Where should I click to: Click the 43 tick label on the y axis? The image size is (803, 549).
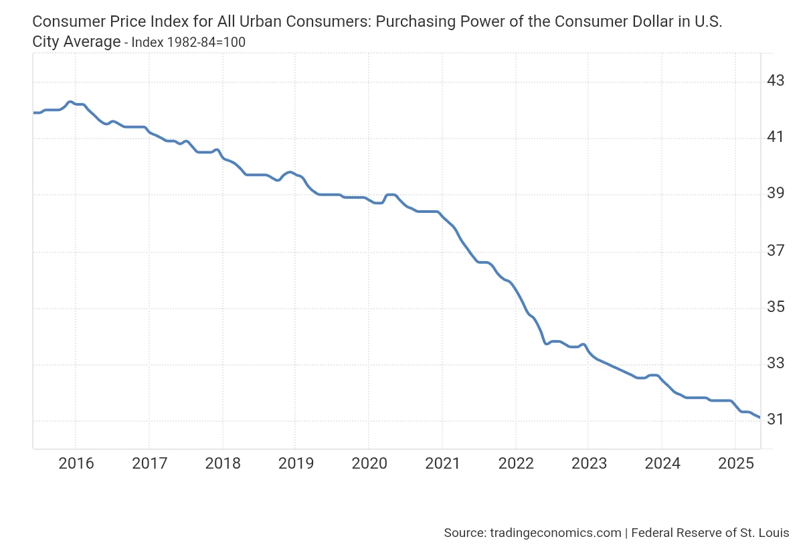tap(775, 81)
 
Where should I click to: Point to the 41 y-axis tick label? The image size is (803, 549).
tap(775, 137)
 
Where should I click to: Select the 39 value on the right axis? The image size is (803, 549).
tap(775, 194)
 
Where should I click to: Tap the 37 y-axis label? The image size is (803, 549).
tap(775, 251)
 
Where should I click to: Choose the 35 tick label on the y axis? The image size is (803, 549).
tap(775, 307)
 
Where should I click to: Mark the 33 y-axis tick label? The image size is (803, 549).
tap(775, 364)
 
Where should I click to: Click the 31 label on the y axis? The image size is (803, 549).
tap(775, 420)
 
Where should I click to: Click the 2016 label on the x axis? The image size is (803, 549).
tap(76, 463)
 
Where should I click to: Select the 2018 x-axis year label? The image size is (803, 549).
tap(222, 463)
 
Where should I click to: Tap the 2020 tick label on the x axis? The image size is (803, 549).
tap(369, 463)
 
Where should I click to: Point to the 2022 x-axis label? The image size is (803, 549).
tap(516, 463)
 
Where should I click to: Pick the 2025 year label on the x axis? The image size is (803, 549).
tap(735, 463)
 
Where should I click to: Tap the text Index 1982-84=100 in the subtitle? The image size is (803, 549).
tap(188, 43)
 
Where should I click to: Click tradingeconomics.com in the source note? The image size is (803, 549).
tap(555, 533)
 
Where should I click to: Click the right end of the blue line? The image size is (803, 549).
tap(759, 417)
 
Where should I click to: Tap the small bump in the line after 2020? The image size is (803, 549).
tap(391, 194)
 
